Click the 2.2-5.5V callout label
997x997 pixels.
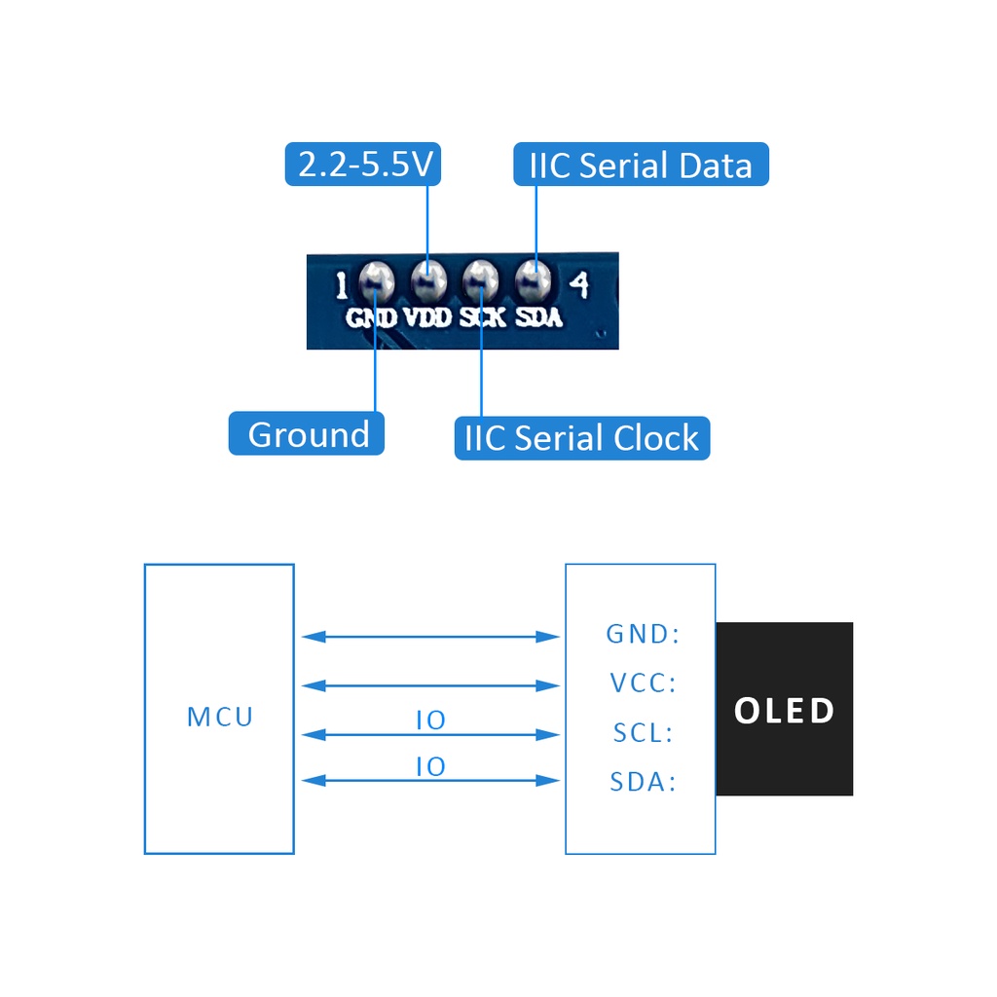point(363,164)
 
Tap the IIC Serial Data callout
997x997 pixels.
point(641,164)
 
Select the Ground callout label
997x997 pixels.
point(307,433)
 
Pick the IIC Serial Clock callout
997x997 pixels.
point(582,438)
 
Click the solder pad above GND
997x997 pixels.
point(377,280)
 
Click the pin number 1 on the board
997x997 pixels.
point(342,285)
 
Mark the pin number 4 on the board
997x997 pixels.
point(579,284)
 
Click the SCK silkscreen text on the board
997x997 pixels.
point(483,317)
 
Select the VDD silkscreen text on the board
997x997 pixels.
point(428,317)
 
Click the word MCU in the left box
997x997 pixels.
point(220,717)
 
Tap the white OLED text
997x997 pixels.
point(784,710)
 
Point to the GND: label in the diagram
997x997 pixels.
point(643,634)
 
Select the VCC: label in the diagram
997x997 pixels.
point(643,683)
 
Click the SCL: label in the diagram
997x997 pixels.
point(643,732)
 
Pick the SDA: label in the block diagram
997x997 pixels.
point(643,782)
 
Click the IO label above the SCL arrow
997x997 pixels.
point(430,720)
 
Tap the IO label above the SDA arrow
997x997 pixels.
point(430,767)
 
